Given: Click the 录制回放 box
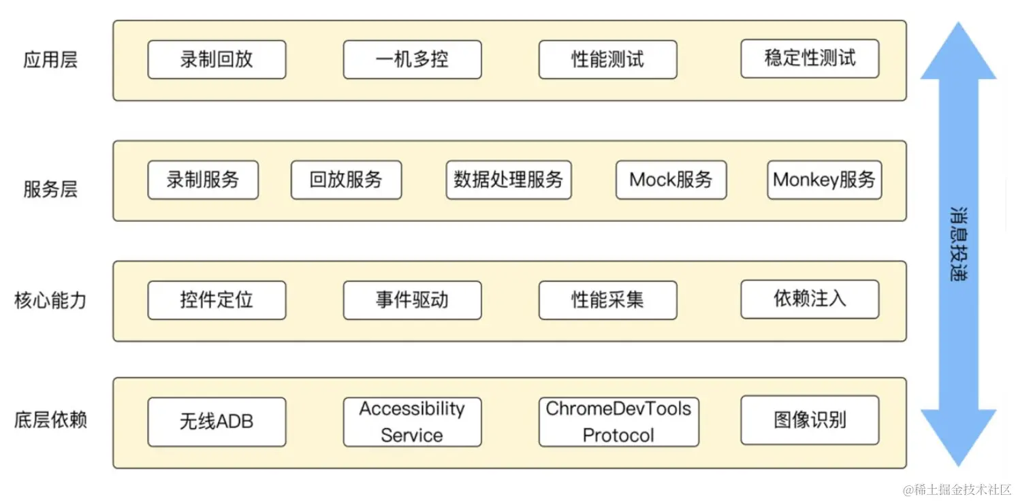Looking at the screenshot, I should tap(217, 60).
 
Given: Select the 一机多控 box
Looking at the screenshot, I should tap(412, 60).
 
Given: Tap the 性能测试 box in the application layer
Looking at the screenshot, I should tap(607, 60).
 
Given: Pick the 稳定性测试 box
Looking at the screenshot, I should tap(810, 59).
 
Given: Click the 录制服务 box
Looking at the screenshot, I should tap(203, 180).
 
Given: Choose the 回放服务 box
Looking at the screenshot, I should tap(346, 180).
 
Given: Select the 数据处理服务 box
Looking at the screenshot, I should tap(509, 180).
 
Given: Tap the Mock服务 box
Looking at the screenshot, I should tap(671, 180).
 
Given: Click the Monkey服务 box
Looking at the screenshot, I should tap(824, 180).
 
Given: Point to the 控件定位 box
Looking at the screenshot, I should tap(217, 300).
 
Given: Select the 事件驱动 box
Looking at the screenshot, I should tap(412, 300).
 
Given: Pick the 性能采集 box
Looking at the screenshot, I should tap(607, 300).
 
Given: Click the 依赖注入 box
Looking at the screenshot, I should tap(810, 299).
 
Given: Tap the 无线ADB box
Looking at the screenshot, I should tap(217, 422).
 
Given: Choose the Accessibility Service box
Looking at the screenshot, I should tap(412, 422).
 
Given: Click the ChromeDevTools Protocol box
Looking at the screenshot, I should tap(618, 422).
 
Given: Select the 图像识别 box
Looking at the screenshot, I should tap(810, 420).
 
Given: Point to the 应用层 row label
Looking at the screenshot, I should tap(50, 60).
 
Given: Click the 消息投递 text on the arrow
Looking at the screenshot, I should tap(959, 244).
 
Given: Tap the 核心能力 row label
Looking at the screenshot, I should tap(50, 300).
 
